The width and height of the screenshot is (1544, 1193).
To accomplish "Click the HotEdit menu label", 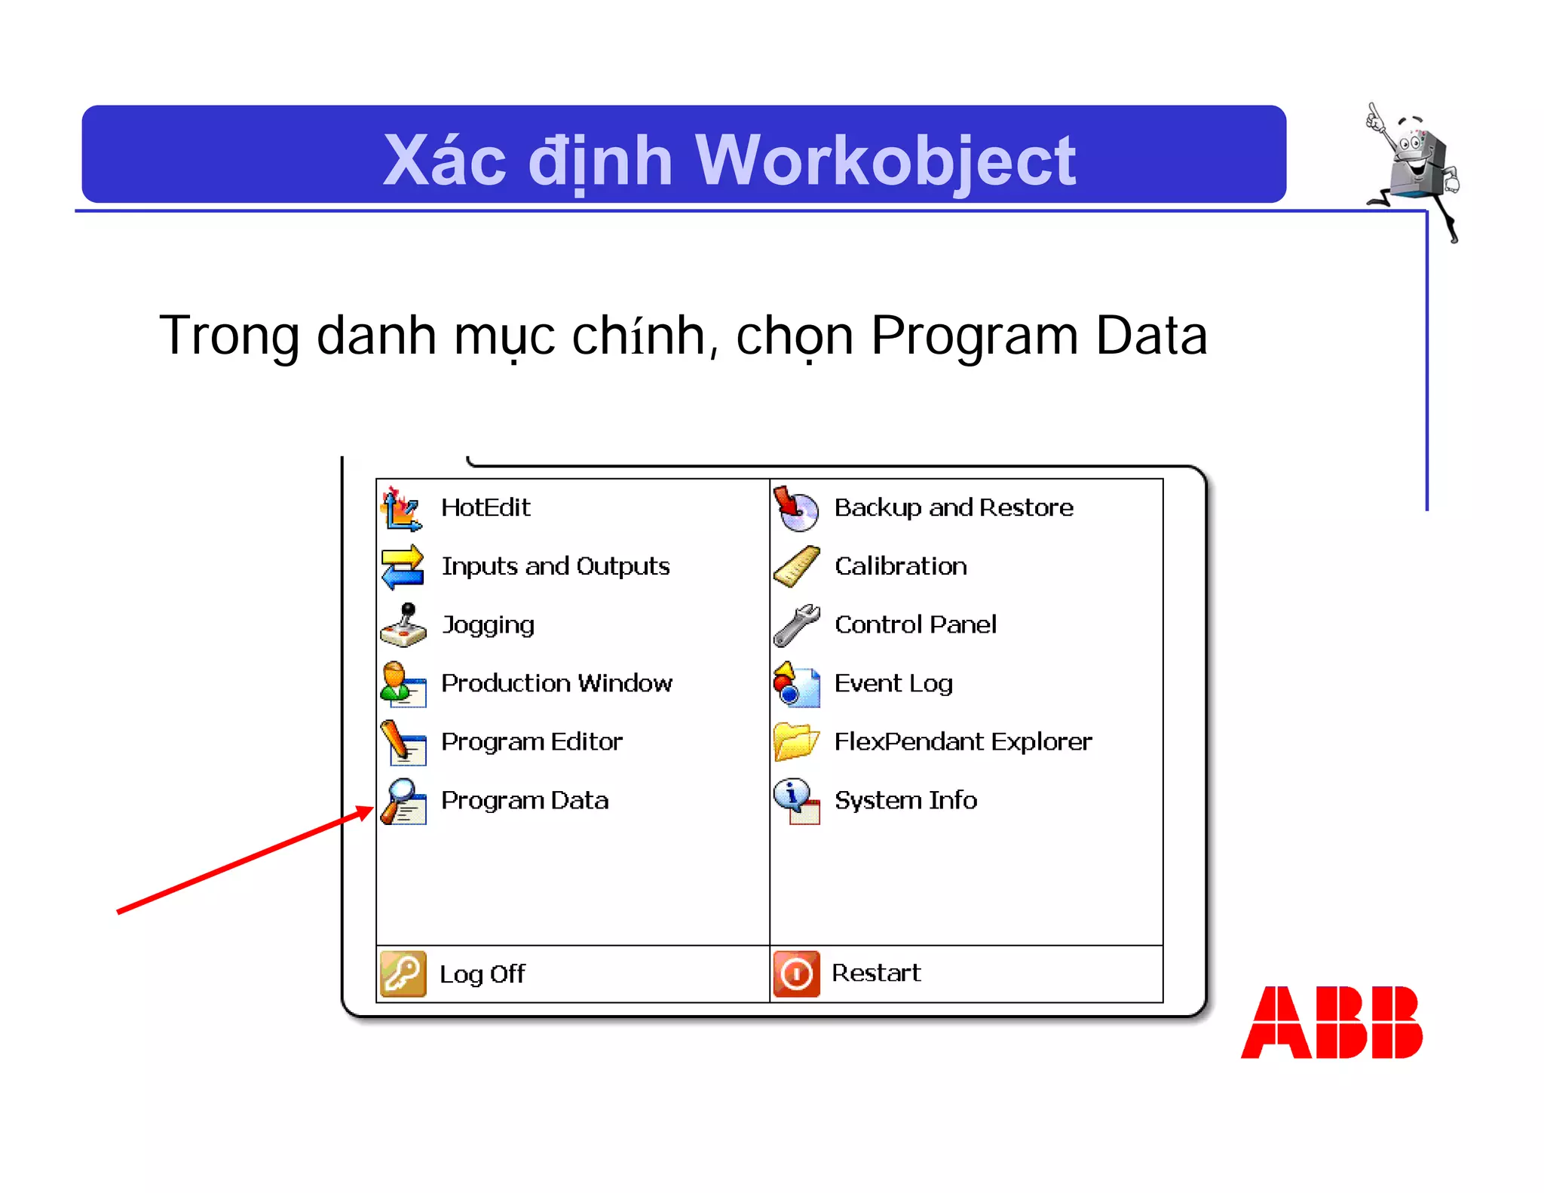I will point(485,508).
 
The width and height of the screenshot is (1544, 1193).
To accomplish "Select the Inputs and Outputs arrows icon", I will point(403,567).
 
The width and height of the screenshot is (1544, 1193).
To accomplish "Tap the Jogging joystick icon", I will point(403,625).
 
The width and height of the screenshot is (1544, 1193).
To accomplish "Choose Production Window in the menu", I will point(556,683).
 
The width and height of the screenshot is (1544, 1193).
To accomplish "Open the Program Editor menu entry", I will point(532,742).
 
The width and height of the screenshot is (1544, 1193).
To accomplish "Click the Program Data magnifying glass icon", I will point(403,801).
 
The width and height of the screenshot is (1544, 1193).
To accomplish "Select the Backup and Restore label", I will point(953,508).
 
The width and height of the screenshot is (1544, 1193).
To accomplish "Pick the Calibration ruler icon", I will point(796,566).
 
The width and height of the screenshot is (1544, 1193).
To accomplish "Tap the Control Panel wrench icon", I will point(796,625).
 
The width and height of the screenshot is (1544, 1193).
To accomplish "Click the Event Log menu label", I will point(893,683).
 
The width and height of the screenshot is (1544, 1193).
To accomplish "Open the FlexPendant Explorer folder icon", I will point(796,742).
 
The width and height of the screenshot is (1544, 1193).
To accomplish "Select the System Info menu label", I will point(905,800).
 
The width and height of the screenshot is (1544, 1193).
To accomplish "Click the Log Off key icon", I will point(403,974).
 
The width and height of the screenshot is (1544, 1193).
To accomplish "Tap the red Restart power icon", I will point(796,974).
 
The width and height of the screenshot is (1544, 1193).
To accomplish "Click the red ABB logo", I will point(1331,1022).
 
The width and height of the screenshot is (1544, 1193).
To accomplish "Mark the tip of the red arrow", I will point(372,808).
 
